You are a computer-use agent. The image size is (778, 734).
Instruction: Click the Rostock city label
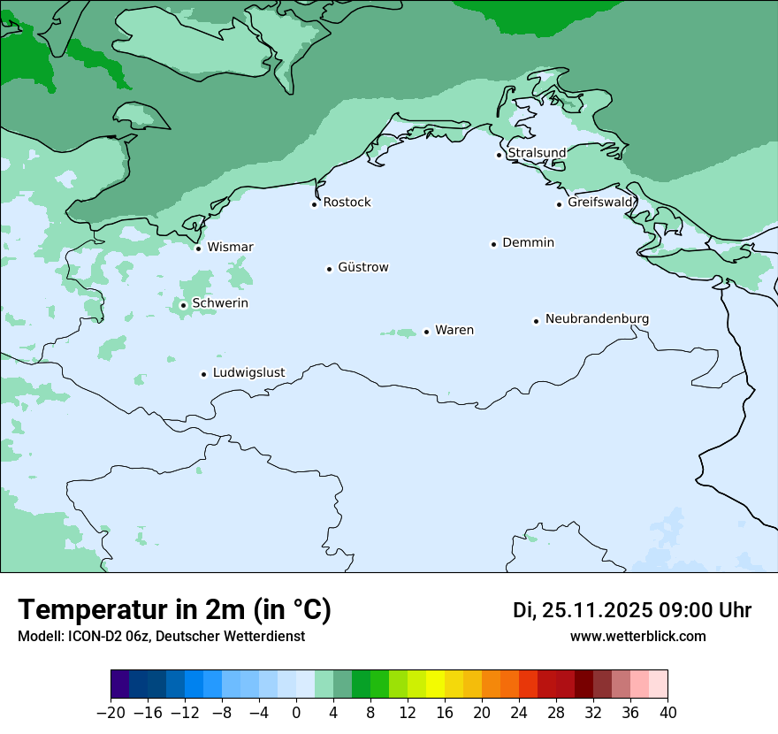click(347, 203)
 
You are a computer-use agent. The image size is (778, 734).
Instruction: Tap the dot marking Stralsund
click(499, 155)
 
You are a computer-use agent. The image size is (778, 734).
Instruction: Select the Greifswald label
click(600, 203)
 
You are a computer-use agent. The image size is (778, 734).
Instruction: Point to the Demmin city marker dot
click(493, 244)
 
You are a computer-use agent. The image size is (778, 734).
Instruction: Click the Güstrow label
click(362, 267)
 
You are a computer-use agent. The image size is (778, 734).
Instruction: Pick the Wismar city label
click(230, 247)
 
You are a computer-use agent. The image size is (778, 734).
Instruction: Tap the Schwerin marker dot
click(183, 305)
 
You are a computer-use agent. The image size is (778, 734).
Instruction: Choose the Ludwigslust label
click(248, 372)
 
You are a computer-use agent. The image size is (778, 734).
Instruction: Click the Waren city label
click(454, 330)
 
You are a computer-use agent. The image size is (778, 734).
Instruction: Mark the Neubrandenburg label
click(597, 318)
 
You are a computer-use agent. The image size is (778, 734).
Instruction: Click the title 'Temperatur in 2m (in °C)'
click(174, 610)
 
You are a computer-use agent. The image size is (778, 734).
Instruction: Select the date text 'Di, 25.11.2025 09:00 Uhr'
click(632, 610)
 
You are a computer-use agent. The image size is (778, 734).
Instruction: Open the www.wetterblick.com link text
click(637, 636)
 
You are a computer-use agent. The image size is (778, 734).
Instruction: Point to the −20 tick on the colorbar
click(111, 713)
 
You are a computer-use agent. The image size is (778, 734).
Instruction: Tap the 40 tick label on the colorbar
click(667, 713)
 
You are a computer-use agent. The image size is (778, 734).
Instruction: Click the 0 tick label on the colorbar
click(296, 713)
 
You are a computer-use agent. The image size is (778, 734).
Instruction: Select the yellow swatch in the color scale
click(435, 684)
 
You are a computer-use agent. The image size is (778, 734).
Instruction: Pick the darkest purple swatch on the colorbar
click(120, 684)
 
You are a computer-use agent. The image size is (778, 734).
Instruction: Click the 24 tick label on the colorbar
click(519, 713)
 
